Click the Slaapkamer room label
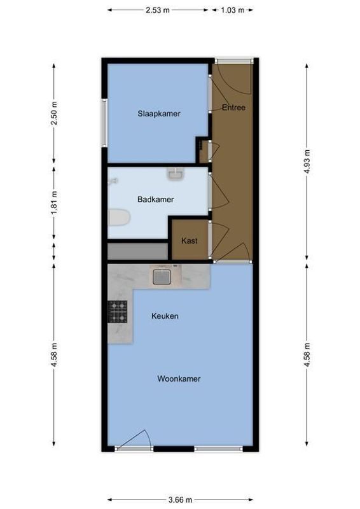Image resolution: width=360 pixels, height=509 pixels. point(158,114)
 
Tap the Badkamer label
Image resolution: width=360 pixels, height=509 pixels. point(155,199)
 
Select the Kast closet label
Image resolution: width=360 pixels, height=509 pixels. point(189,241)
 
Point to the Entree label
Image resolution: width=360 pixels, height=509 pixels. point(233,108)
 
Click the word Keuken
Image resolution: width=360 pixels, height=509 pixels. point(165,316)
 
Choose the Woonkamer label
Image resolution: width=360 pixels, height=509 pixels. point(179,379)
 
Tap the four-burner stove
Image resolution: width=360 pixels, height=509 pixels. point(117,312)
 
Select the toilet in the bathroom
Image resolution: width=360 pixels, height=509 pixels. point(118,218)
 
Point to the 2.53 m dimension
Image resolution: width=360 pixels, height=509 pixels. point(158,10)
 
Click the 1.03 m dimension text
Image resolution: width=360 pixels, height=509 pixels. point(233,10)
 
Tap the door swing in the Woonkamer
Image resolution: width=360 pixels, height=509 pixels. point(137,439)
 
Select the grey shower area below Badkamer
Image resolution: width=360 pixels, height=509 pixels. point(137,251)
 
